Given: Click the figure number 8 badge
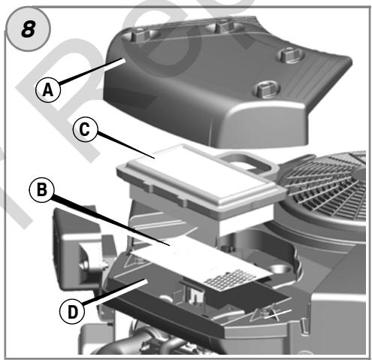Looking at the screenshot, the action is coord(28,29).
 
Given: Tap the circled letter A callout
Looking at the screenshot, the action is coord(48,89).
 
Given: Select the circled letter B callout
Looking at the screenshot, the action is coord(41,189).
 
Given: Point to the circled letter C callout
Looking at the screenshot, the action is coord(84,129).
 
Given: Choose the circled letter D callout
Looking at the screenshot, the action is coord(72,312).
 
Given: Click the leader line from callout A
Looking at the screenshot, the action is coord(92,71).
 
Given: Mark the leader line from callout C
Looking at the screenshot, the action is coord(125,146).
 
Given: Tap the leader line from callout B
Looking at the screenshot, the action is coord(110,221).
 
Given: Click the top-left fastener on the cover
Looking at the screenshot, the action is coord(141,35).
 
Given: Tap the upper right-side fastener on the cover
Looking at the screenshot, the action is coord(291,56).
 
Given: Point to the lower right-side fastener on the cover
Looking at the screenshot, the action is coord(268,89).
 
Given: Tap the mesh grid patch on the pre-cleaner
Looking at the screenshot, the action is coord(230,280).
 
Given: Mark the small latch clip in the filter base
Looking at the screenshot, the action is coord(193,294).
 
